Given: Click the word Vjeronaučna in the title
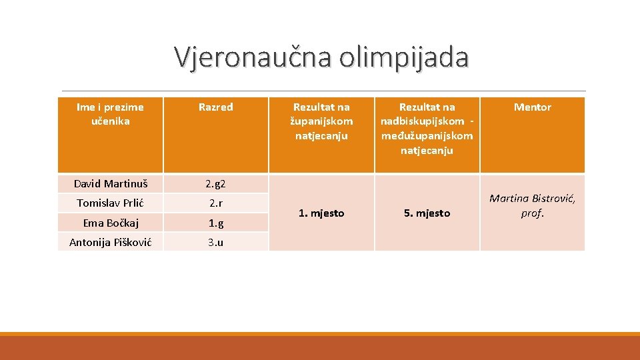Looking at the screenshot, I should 253,57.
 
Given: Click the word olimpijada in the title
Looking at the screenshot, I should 403,57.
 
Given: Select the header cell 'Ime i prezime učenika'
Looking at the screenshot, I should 110,114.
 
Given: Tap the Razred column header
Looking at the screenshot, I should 215,107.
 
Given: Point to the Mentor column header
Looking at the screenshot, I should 532,107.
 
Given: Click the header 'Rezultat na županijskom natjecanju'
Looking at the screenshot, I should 321,121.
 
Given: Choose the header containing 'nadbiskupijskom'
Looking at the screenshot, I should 427,121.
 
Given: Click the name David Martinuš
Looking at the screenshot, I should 110,183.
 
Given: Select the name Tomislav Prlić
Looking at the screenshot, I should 110,203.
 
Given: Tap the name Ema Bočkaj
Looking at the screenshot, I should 110,223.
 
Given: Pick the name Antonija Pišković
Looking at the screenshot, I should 110,242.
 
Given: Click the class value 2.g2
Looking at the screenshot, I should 215,183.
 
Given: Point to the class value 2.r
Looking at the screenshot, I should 215,203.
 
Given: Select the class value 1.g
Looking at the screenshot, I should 215,223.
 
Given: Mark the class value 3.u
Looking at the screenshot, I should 215,242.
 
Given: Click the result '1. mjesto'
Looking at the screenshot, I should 321,213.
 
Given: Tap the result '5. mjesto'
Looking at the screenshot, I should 427,213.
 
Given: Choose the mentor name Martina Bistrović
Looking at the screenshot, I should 532,199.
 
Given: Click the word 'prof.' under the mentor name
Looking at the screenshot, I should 532,213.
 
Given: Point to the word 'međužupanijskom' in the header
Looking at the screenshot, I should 427,136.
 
